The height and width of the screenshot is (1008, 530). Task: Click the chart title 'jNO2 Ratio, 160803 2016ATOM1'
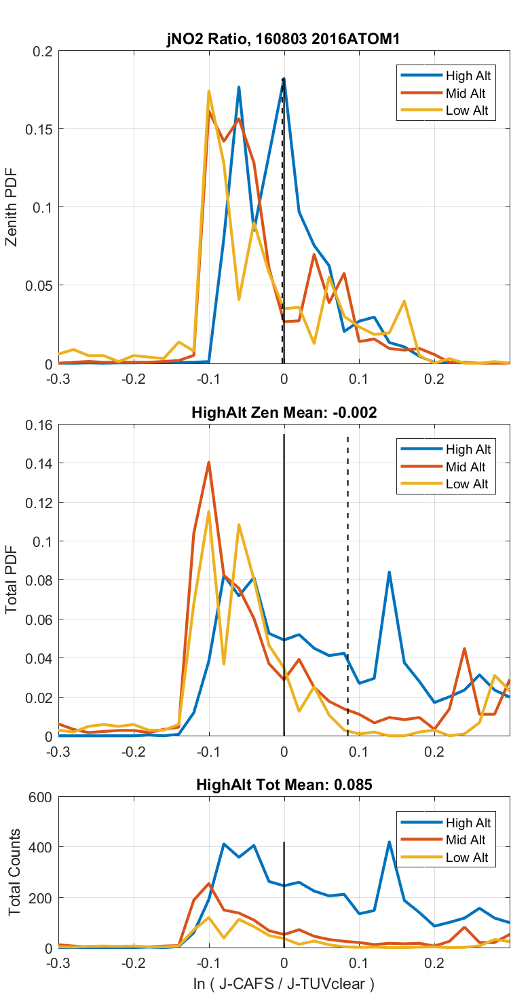284,39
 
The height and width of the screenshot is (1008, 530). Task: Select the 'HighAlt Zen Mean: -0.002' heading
284,412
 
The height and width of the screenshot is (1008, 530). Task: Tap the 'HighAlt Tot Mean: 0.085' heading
284,785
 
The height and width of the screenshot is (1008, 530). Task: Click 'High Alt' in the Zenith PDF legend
467,75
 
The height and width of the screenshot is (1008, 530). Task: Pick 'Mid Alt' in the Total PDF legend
466,467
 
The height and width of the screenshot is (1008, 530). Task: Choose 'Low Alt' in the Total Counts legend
466,857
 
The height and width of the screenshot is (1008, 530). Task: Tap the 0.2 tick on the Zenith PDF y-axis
43,50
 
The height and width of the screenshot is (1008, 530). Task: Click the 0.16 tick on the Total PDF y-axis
39,425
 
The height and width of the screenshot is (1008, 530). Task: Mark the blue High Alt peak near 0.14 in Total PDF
389,572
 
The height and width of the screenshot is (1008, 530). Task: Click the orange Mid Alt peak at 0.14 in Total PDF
209,463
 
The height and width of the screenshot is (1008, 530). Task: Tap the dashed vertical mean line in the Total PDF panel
347,611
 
